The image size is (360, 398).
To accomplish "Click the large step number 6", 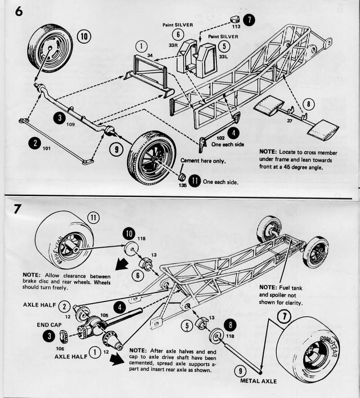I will pyautogui.click(x=18, y=12).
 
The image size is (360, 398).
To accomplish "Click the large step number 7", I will pyautogui.click(x=18, y=210).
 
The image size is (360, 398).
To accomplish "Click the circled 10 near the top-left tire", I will pyautogui.click(x=84, y=36).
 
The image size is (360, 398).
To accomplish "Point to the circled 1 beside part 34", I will pyautogui.click(x=141, y=46).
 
